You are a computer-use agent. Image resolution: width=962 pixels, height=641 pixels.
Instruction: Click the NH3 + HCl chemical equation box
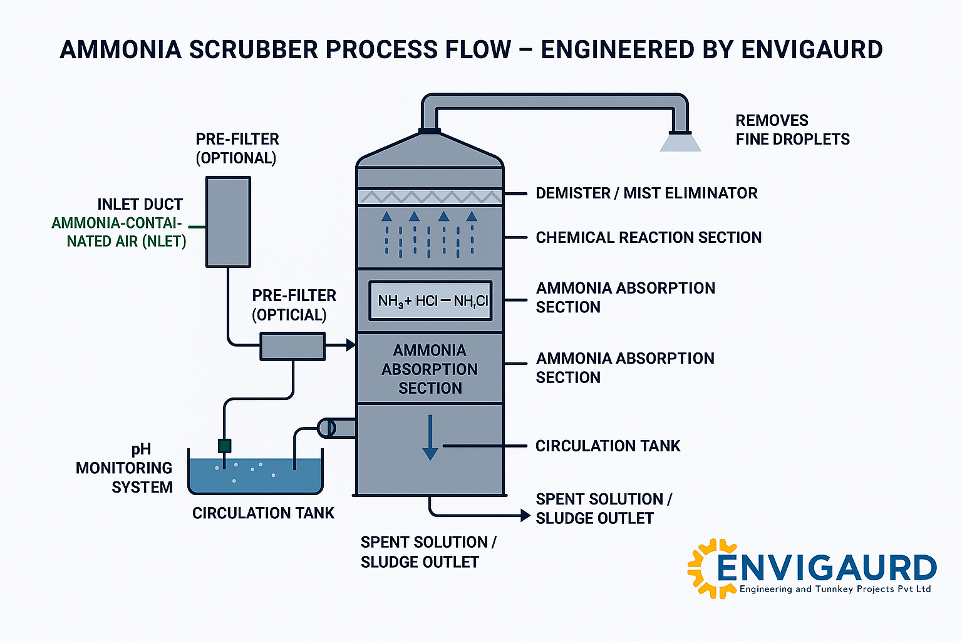point(430,301)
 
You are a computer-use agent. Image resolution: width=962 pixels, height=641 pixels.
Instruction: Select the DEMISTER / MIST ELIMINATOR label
point(646,193)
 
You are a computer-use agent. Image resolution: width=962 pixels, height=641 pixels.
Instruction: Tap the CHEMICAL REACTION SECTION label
point(648,238)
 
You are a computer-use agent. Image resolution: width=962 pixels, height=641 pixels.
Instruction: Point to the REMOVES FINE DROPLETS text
point(792,130)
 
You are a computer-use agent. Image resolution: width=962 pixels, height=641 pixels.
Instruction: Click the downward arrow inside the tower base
point(430,438)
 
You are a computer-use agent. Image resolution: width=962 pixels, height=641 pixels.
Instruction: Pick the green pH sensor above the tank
point(224,446)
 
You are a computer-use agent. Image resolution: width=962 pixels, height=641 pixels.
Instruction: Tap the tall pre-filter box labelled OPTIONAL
point(229,222)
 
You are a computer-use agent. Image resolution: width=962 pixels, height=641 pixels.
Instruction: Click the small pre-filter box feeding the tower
point(292,346)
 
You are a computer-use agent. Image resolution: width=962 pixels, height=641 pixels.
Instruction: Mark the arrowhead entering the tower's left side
point(351,344)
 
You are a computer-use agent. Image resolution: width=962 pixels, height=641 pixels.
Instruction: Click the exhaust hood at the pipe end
point(680,143)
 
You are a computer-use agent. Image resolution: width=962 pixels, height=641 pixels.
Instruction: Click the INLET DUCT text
point(140,205)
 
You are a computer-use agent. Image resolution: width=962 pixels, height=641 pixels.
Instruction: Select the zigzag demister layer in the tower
point(430,197)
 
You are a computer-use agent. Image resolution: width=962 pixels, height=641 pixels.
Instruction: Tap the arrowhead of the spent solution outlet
point(525,515)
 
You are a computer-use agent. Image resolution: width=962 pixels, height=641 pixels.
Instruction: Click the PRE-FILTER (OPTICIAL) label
point(294,305)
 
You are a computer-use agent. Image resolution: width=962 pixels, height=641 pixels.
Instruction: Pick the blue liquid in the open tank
point(256,476)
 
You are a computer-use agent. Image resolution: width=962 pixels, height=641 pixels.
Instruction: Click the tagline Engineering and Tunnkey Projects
point(835,589)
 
